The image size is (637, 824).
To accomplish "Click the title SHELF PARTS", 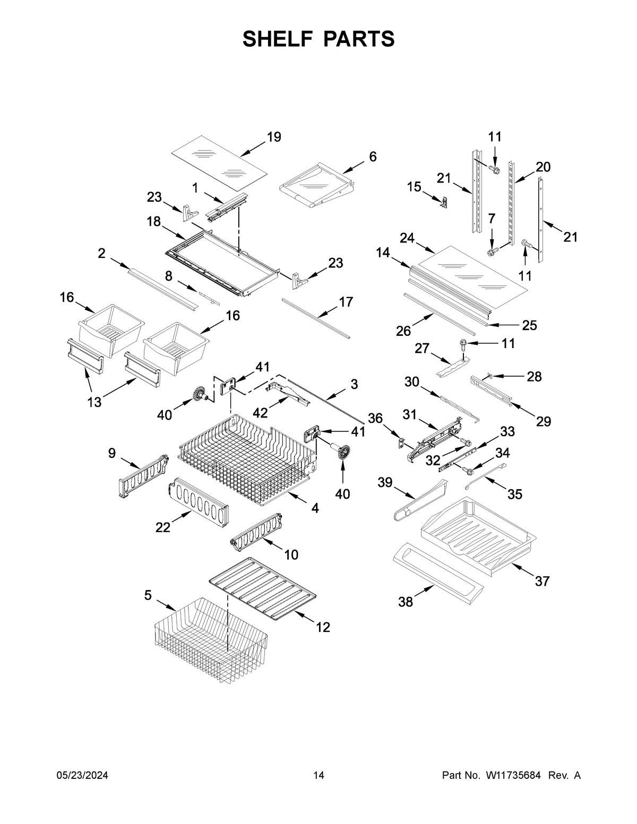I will (318, 39).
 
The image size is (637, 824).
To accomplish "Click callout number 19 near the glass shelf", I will (273, 137).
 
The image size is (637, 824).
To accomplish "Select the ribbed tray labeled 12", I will (263, 589).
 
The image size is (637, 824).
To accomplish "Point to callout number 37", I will (541, 582).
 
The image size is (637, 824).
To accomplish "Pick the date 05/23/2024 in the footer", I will (82, 776).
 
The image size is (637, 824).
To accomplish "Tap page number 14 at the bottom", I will (318, 776).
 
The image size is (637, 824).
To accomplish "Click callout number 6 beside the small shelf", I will (373, 157).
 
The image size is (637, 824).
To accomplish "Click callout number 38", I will (406, 602).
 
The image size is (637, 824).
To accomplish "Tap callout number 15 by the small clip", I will (414, 187).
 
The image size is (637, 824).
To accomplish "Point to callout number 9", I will (111, 453).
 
